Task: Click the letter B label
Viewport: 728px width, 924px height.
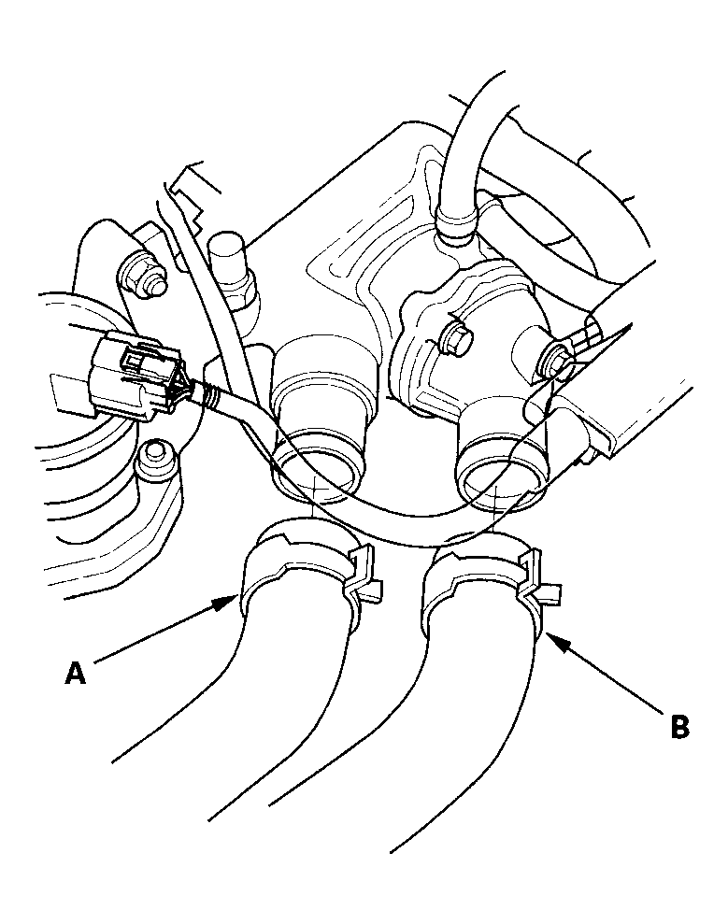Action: (679, 725)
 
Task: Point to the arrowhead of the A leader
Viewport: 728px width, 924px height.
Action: (234, 602)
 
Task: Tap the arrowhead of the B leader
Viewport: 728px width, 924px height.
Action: (547, 637)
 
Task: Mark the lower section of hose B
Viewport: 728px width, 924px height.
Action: (467, 747)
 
